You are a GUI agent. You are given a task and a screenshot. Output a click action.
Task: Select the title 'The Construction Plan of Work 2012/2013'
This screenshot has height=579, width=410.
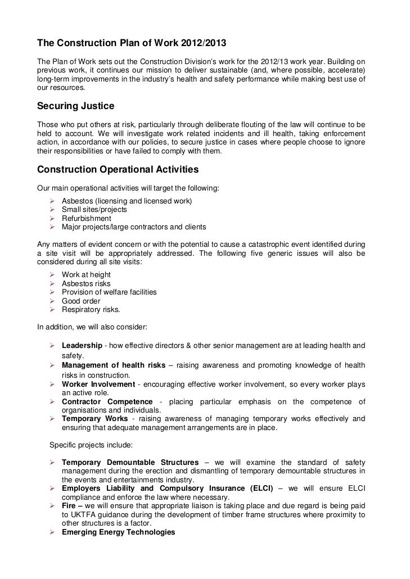(132, 43)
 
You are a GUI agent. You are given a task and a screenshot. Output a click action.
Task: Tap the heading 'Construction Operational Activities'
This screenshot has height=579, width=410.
(118, 169)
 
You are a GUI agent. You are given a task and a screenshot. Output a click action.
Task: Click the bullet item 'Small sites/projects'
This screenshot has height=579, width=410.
(94, 210)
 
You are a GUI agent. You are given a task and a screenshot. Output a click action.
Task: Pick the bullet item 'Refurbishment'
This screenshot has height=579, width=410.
(86, 218)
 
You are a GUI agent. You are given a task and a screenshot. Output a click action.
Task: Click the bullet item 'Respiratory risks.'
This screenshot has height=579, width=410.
(91, 310)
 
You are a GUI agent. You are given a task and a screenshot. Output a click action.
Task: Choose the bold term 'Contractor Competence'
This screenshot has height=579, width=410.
(107, 401)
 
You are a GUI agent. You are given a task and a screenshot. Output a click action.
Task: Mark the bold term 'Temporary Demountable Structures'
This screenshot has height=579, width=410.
(130, 462)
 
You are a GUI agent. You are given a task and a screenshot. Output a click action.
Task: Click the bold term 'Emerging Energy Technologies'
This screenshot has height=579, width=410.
(118, 532)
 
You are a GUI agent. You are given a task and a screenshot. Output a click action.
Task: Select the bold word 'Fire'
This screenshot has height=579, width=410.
(69, 506)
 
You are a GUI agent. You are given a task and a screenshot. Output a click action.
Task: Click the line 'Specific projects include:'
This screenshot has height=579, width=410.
(91, 445)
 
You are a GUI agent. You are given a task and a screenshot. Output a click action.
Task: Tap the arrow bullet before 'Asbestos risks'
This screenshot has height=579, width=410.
(52, 284)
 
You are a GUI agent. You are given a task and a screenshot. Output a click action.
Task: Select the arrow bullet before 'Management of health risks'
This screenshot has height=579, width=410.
(52, 365)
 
